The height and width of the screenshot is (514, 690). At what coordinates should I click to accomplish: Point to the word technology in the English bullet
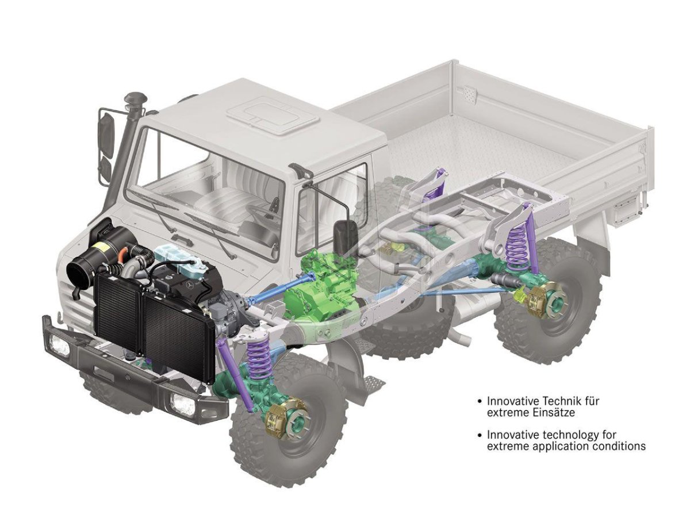[564, 435]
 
